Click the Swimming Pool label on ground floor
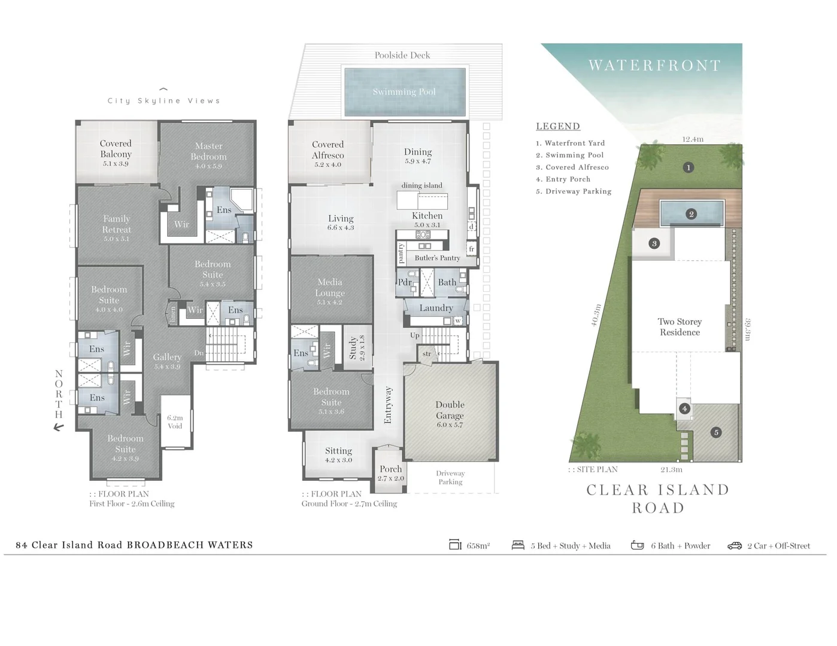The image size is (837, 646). pyautogui.click(x=404, y=92)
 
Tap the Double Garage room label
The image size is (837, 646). pyautogui.click(x=450, y=410)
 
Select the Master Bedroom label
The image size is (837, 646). pyautogui.click(x=208, y=151)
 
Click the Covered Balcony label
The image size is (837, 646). pyautogui.click(x=116, y=149)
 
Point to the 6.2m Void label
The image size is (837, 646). pyautogui.click(x=175, y=422)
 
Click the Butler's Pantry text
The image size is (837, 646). pyautogui.click(x=437, y=258)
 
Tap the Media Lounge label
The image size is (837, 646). pyautogui.click(x=330, y=287)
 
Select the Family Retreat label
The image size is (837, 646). pyautogui.click(x=116, y=224)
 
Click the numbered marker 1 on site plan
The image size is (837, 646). pyautogui.click(x=689, y=167)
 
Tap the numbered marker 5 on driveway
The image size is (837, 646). pyautogui.click(x=716, y=432)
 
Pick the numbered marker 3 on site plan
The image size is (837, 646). pyautogui.click(x=654, y=243)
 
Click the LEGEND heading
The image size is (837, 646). pyautogui.click(x=557, y=126)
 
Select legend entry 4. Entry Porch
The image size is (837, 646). pyautogui.click(x=563, y=179)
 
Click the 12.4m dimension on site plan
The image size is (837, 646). pyautogui.click(x=693, y=139)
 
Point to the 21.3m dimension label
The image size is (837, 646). pyautogui.click(x=671, y=470)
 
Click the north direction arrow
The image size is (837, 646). pyautogui.click(x=59, y=427)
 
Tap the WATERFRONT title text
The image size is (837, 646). pyautogui.click(x=654, y=66)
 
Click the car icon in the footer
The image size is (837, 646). pyautogui.click(x=735, y=546)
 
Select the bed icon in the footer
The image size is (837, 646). pyautogui.click(x=518, y=545)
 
